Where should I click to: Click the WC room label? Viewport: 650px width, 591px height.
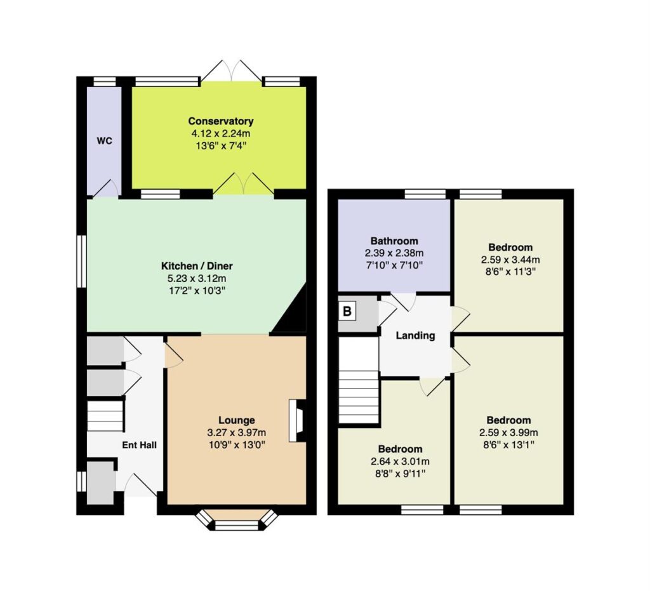(105, 141)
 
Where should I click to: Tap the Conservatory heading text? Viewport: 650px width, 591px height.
(220, 121)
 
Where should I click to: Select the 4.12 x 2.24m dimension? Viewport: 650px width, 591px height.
(220, 133)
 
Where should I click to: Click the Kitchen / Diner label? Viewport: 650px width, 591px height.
(197, 265)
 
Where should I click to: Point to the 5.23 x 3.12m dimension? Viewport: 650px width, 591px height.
(197, 278)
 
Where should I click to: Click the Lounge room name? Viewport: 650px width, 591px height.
(237, 420)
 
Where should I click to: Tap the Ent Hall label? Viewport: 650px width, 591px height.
(139, 445)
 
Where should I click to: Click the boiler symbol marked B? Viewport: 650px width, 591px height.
(347, 311)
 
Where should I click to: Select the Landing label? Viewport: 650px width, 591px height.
(415, 336)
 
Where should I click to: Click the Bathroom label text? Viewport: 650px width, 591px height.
(394, 241)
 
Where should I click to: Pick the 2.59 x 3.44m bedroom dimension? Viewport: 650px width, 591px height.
(510, 260)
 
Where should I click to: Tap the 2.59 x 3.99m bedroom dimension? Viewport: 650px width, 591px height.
(508, 433)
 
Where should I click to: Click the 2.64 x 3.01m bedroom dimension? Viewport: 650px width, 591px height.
(400, 462)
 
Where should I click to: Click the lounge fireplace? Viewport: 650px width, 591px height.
(298, 420)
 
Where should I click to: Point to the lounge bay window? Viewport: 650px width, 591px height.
(237, 520)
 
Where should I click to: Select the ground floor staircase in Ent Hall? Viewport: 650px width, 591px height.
(105, 416)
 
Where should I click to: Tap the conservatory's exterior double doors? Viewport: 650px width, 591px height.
(231, 71)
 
